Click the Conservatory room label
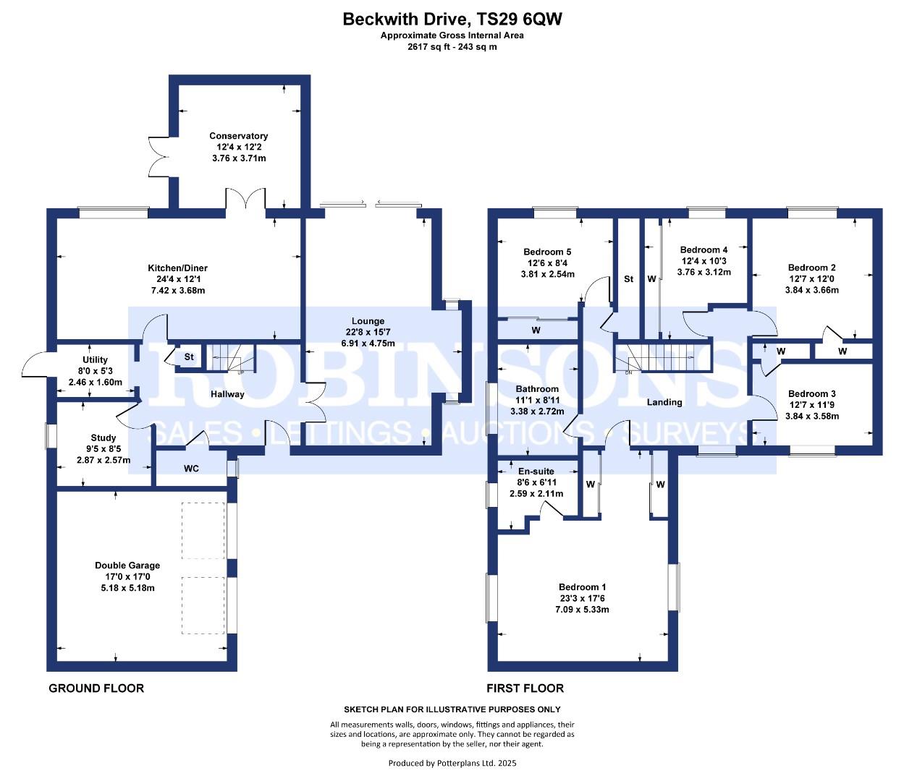tap(238, 136)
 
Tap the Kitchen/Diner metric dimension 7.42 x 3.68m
tap(178, 290)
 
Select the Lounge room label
tap(368, 321)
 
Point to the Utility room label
tap(95, 359)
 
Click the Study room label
tap(104, 438)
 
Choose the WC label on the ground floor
tap(191, 469)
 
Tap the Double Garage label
tap(127, 565)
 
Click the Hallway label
tap(227, 394)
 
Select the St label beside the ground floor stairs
tap(188, 357)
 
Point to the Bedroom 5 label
tap(547, 252)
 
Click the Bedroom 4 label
tap(704, 250)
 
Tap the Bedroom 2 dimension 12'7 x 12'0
tap(812, 279)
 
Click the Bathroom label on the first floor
tap(536, 389)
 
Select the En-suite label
tap(536, 471)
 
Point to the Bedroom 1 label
tap(582, 587)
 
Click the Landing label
tap(664, 402)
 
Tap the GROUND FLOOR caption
tap(96, 688)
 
